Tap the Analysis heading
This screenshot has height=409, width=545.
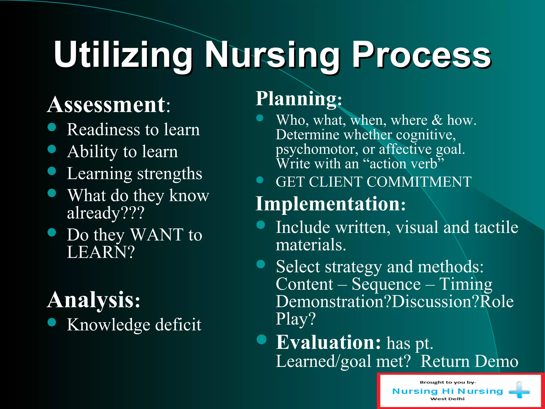pyautogui.click(x=94, y=300)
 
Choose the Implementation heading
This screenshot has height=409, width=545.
pyautogui.click(x=330, y=204)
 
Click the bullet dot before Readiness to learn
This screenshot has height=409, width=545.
pyautogui.click(x=52, y=127)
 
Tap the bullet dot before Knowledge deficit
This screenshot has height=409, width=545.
pyautogui.click(x=52, y=322)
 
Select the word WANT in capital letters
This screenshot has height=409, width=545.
pyautogui.click(x=157, y=235)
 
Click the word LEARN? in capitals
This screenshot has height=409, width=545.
pyautogui.click(x=101, y=252)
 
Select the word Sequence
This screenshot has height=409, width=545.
pyautogui.click(x=386, y=284)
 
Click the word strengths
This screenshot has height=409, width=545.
pyautogui.click(x=170, y=174)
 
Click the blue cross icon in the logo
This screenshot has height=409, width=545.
pyautogui.click(x=519, y=390)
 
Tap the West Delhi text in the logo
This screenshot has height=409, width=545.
pyautogui.click(x=447, y=399)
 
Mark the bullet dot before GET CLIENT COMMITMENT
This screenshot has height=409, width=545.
pyautogui.click(x=260, y=180)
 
